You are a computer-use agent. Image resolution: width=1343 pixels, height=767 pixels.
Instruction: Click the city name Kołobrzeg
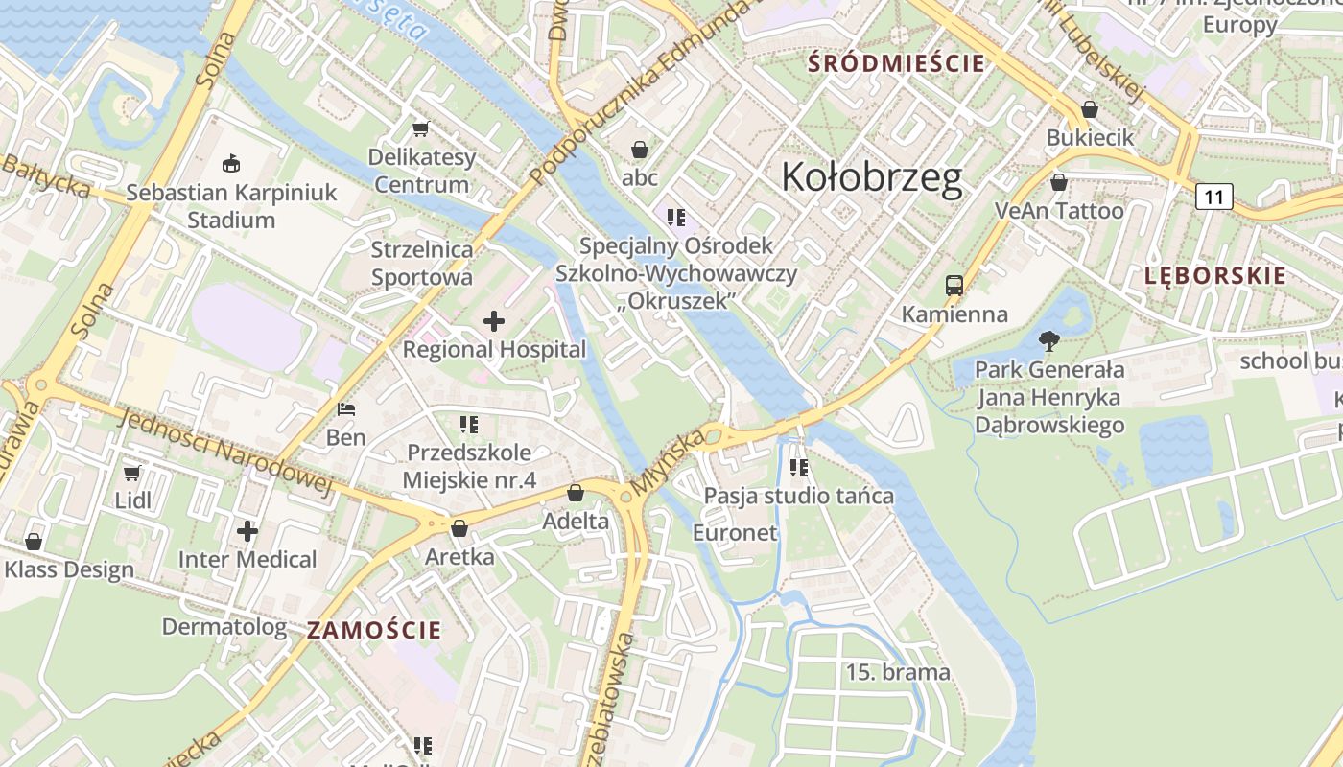[x=871, y=178]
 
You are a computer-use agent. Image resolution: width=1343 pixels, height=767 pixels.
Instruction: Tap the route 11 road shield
[x=1213, y=198]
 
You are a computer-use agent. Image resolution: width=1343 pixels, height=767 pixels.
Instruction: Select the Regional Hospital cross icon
[x=494, y=321]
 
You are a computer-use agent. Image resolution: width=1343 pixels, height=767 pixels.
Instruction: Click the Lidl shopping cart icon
[x=132, y=473]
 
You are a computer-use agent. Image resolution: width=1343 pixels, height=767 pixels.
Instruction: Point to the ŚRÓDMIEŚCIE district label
[x=896, y=64]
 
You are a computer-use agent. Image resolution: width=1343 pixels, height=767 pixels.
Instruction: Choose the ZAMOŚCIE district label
[x=374, y=630]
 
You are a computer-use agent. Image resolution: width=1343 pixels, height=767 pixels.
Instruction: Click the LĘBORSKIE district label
[x=1214, y=276]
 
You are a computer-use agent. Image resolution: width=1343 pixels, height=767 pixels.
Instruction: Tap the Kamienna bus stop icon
[x=954, y=285]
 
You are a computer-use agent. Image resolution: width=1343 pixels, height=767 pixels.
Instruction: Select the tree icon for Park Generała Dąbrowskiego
[x=1048, y=340]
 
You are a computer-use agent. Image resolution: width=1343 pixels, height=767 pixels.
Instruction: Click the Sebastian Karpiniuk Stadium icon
[x=231, y=164]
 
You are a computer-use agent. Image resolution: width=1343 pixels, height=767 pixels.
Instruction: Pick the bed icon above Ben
[x=346, y=409]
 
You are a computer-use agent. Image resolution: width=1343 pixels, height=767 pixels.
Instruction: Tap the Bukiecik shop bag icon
[x=1089, y=109]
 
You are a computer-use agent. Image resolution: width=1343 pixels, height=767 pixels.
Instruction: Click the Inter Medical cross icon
[x=247, y=530]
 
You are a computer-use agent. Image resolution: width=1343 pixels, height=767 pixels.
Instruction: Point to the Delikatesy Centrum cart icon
[x=419, y=128]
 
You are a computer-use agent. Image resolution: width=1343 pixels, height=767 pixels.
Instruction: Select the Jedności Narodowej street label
[x=226, y=451]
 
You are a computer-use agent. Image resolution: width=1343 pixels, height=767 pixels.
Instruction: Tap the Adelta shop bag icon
[x=576, y=493]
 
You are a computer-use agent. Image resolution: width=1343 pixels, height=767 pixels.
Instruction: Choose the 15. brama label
[x=897, y=672]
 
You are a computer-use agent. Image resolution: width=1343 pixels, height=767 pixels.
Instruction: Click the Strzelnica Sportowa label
[x=422, y=264]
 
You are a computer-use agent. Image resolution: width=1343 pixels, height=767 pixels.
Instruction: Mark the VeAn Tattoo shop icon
[x=1059, y=182]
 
